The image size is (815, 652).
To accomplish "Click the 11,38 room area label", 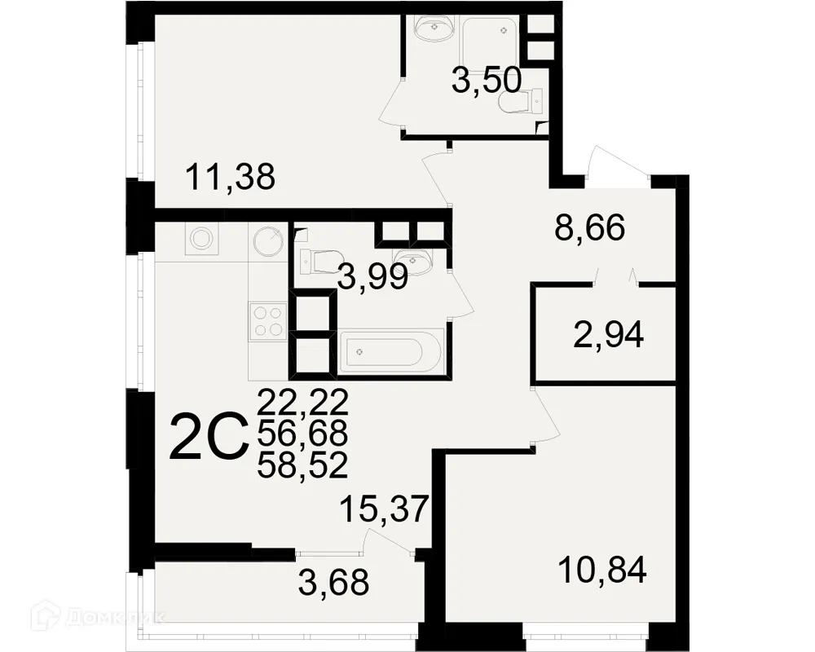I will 230,176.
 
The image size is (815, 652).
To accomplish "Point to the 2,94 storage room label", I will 609,334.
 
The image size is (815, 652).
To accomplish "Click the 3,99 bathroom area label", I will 372,279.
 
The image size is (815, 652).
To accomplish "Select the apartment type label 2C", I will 208,438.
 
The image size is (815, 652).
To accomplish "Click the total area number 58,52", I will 302,465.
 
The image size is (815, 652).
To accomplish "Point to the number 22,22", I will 302,401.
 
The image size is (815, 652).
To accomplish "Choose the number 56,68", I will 302,433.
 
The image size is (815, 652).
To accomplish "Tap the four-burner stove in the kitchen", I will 268,320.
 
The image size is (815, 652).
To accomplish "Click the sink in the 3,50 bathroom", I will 432,29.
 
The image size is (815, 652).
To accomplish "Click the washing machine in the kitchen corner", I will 200,239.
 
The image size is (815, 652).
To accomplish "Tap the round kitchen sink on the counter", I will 267,240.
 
